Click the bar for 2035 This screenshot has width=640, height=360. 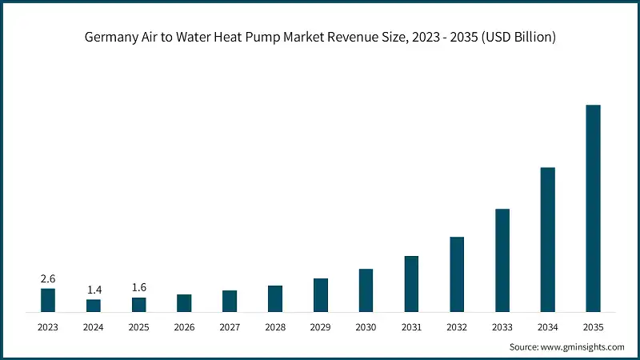tap(593, 208)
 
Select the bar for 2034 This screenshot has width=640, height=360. tap(547, 239)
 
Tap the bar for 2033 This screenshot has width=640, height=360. tap(502, 260)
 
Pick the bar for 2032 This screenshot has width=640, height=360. tap(457, 274)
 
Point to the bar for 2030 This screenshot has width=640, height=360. tap(366, 290)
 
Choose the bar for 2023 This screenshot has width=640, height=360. tap(48, 300)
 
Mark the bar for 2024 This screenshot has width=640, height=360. tap(94, 305)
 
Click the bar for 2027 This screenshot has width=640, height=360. tap(230, 301)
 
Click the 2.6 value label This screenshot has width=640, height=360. tap(48, 278)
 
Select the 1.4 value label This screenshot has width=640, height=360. tap(94, 290)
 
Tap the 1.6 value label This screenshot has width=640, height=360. tap(139, 287)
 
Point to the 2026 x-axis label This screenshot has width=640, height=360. tap(184, 327)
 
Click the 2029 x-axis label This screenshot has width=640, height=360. tap(320, 327)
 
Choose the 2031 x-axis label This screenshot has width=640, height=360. tap(411, 327)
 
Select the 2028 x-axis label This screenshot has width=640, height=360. tap(275, 327)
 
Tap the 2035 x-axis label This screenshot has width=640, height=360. tap(593, 327)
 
